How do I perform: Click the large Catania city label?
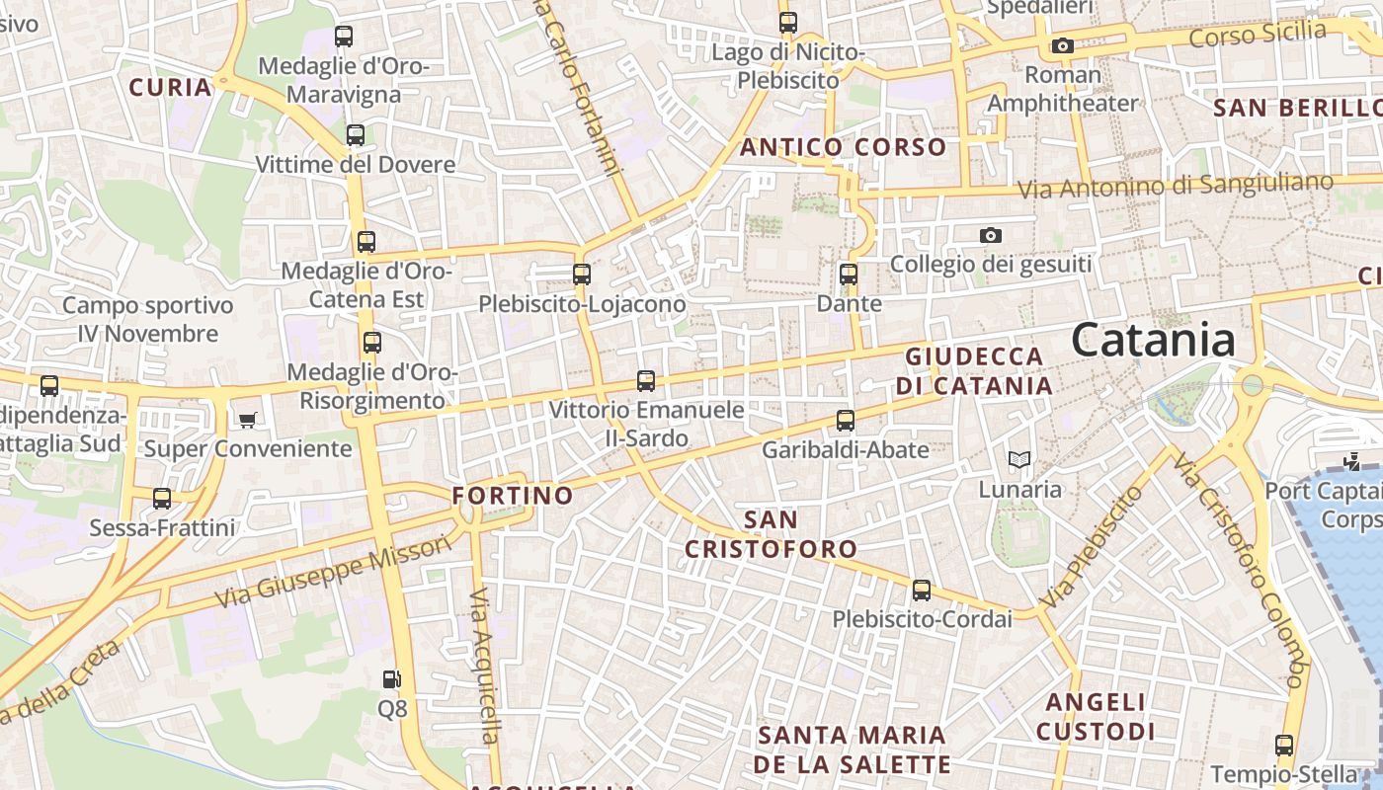pos(1153,341)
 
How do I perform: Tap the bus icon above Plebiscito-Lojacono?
pos(582,275)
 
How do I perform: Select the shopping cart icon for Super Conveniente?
pos(247,421)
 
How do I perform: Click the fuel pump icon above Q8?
pos(392,679)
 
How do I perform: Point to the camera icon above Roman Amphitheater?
pos(1063,45)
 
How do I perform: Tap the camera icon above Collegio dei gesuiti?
pos(991,235)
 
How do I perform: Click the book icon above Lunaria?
pos(1019,459)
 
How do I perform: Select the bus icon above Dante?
pos(849,275)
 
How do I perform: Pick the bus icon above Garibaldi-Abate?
pos(846,421)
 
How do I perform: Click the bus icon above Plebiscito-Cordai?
pos(922,591)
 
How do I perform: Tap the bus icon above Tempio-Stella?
pos(1284,746)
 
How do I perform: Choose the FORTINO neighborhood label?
pos(513,496)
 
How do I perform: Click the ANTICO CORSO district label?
pos(843,148)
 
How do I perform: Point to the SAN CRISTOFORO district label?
pos(772,534)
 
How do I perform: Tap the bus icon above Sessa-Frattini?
pos(162,499)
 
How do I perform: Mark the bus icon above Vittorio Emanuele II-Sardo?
pos(646,380)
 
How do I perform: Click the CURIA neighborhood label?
pos(171,87)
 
